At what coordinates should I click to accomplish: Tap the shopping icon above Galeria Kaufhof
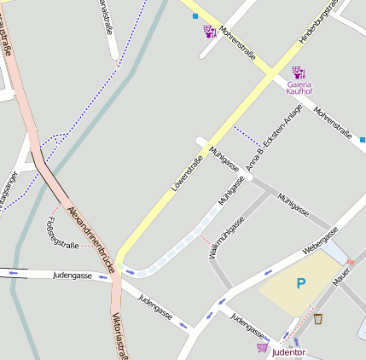[x=298, y=73]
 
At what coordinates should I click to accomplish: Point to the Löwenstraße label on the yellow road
[x=188, y=173]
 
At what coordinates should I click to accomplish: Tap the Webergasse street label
[x=321, y=241]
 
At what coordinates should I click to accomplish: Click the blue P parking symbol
[x=300, y=283]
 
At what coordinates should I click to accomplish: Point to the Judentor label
[x=288, y=351]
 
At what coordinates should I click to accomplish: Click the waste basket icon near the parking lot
[x=318, y=319]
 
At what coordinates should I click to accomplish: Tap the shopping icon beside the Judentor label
[x=261, y=347]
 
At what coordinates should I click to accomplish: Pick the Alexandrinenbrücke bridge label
[x=90, y=239]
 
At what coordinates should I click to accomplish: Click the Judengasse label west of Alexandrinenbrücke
[x=73, y=276]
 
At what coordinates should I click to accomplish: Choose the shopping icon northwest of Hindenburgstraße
[x=208, y=32]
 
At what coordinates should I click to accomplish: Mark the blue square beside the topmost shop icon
[x=195, y=16]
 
